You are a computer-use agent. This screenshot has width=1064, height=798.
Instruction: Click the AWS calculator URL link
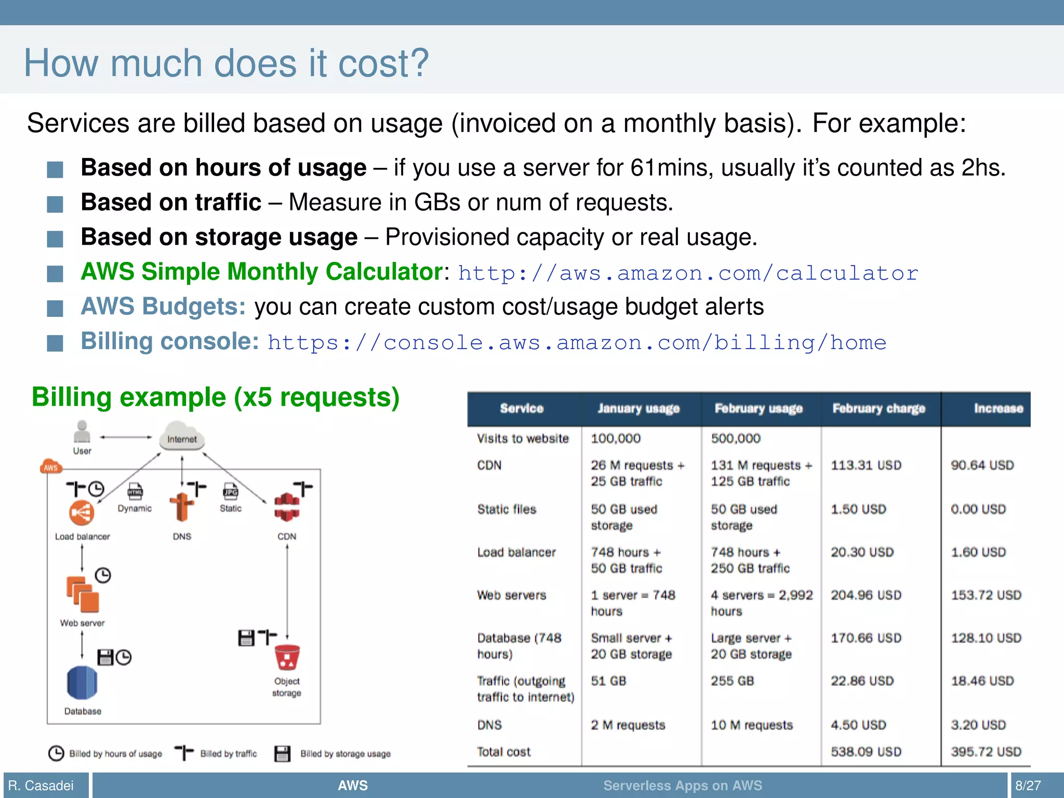[688, 273]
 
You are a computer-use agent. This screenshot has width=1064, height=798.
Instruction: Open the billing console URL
[577, 343]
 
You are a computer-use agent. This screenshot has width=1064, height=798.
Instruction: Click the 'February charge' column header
[879, 409]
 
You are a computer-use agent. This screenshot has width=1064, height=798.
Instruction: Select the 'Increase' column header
[998, 409]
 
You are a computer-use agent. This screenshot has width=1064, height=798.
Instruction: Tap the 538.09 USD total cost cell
[866, 752]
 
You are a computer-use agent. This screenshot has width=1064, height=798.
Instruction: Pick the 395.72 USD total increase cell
[986, 752]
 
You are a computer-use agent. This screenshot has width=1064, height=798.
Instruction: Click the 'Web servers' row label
[511, 595]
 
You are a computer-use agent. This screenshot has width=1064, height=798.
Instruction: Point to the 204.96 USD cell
[866, 595]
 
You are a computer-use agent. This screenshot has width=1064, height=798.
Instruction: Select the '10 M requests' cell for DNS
[751, 725]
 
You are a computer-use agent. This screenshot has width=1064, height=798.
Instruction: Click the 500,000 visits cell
[735, 439]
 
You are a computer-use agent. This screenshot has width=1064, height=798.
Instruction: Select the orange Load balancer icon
[82, 513]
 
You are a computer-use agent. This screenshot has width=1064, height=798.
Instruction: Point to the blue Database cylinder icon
[82, 683]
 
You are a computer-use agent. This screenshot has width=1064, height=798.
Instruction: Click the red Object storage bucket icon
[287, 658]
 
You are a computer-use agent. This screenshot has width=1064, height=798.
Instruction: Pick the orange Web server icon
[82, 594]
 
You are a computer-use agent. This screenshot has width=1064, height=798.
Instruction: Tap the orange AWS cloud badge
[50, 467]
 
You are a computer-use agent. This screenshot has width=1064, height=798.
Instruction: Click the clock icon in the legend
[56, 753]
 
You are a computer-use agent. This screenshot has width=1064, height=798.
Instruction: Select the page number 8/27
[1028, 786]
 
